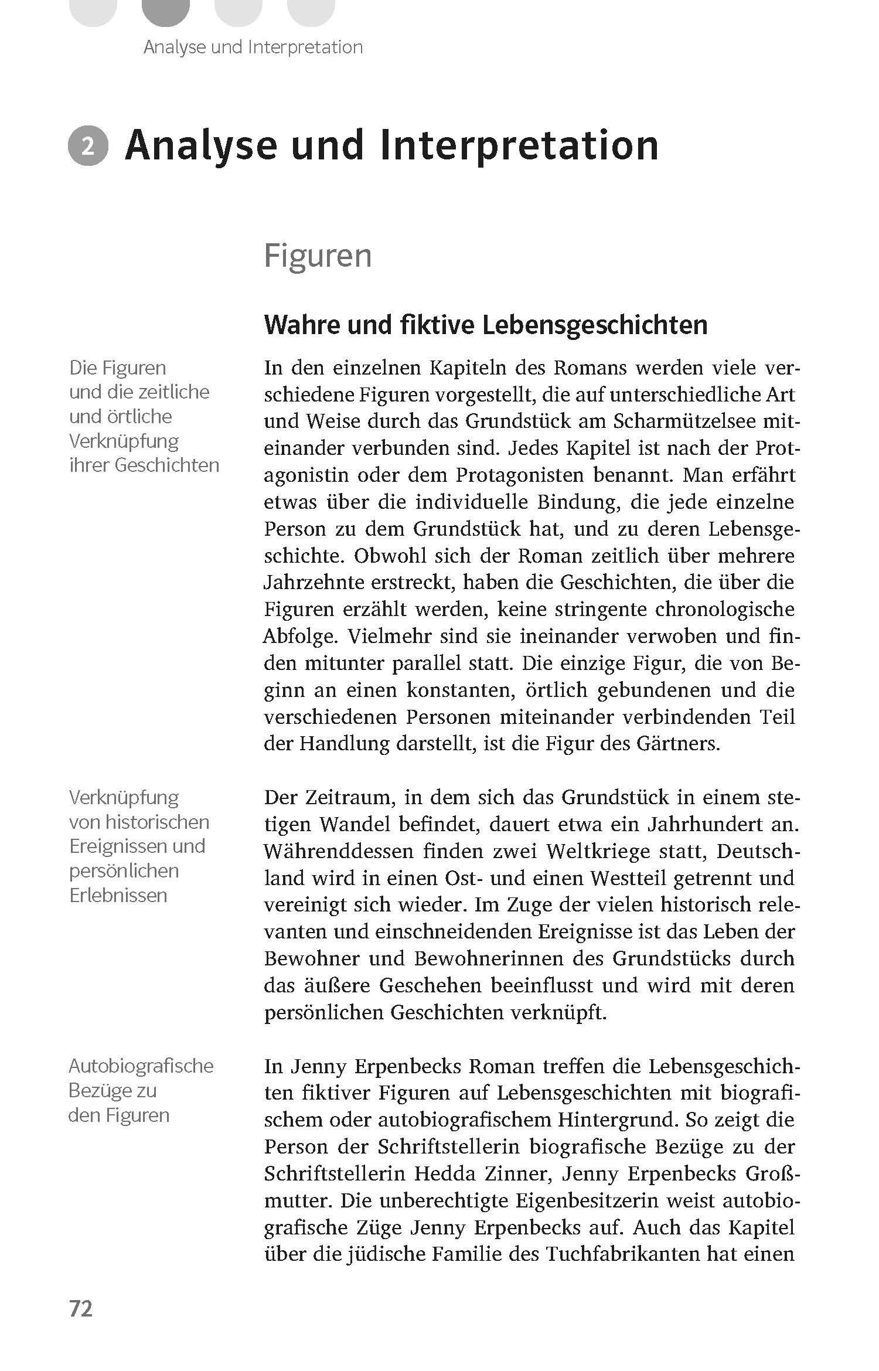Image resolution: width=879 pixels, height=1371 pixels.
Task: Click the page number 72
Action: (x=81, y=1308)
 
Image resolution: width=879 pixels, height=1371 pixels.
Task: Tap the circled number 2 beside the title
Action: (x=88, y=147)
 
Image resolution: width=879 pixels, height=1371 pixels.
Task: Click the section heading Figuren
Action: (x=318, y=256)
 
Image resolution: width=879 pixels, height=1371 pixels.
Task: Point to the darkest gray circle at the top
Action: (x=166, y=11)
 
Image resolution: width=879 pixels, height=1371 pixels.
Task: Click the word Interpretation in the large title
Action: (x=519, y=145)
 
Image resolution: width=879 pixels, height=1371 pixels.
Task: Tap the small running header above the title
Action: (x=253, y=47)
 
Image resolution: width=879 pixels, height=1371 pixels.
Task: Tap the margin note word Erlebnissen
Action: (x=118, y=896)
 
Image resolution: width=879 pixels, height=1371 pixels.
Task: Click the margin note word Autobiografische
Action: (x=141, y=1066)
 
